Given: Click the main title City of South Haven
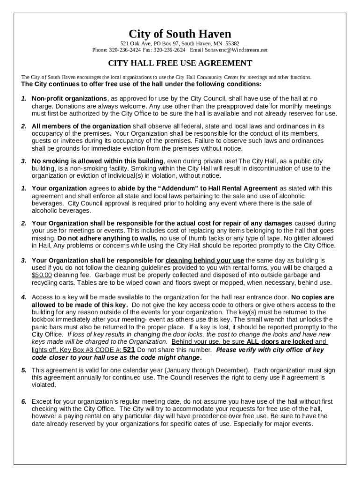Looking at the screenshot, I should pyautogui.click(x=180, y=34).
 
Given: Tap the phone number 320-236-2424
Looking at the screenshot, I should pyautogui.click(x=124, y=50).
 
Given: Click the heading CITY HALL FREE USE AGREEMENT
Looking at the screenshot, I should pyautogui.click(x=180, y=63).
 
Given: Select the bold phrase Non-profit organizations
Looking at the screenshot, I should pyautogui.click(x=69, y=99).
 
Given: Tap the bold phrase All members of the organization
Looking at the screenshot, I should pyautogui.click(x=81, y=126).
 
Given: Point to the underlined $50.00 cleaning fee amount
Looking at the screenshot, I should pyautogui.click(x=42, y=275).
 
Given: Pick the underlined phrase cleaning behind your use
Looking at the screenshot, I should pyautogui.click(x=204, y=261).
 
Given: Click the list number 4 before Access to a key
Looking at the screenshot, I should pyautogui.click(x=23, y=297).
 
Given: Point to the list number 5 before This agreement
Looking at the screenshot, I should pyautogui.click(x=23, y=370).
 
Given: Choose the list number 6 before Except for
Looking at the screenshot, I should pyautogui.click(x=23, y=401).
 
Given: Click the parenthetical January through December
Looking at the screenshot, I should pyautogui.click(x=200, y=370).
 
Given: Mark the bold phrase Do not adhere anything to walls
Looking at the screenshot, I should pyautogui.click(x=108, y=238).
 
